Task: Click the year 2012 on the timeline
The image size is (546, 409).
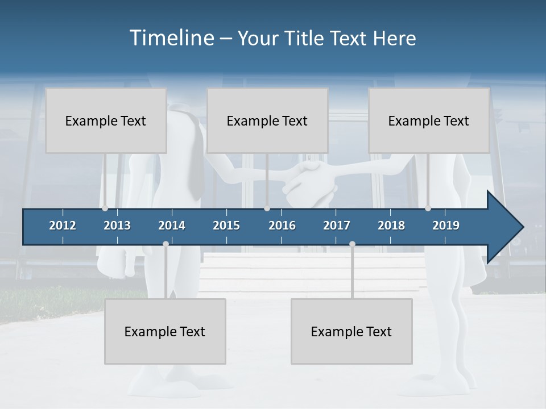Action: click(x=63, y=226)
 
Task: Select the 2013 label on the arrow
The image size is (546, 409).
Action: click(x=117, y=226)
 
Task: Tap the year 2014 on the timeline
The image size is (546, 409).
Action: click(x=172, y=226)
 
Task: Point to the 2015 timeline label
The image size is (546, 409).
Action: click(x=226, y=226)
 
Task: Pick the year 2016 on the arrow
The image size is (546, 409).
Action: click(x=282, y=226)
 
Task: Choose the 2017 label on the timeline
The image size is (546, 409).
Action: click(x=337, y=226)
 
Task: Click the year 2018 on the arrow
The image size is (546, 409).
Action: click(x=391, y=226)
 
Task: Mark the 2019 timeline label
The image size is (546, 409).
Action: click(x=446, y=226)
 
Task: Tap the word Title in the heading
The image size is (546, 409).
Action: click(x=305, y=39)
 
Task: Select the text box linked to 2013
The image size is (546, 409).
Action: click(x=106, y=120)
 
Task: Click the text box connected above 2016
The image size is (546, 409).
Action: click(x=267, y=120)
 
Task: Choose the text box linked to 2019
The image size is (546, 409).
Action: click(x=429, y=120)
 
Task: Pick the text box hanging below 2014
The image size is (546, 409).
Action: click(x=165, y=331)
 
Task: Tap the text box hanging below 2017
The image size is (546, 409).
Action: click(x=351, y=331)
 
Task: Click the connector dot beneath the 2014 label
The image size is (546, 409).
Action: click(x=166, y=244)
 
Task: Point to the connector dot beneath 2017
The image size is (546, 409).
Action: click(x=352, y=244)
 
